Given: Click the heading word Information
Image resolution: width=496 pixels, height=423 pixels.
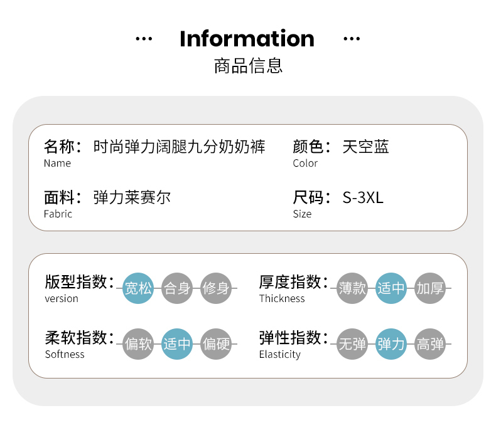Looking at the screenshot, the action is (x=247, y=38).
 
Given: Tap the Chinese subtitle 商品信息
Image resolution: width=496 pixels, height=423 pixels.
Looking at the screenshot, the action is (x=248, y=66).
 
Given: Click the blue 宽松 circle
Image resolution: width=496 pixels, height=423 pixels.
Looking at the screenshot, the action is (x=138, y=288).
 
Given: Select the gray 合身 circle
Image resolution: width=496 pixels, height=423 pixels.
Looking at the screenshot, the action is (x=177, y=288).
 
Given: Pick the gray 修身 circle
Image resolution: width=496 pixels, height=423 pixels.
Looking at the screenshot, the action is (x=216, y=288).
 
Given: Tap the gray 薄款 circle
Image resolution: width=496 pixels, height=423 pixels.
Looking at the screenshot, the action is (x=352, y=288).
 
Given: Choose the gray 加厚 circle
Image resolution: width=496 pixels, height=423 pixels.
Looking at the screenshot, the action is (x=430, y=288).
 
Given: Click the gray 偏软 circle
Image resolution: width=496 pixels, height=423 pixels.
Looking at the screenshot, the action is (x=138, y=344).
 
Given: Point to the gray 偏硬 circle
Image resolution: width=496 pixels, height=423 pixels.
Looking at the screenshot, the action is (x=216, y=344).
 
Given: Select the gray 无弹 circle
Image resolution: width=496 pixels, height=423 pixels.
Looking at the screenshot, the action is (x=352, y=344).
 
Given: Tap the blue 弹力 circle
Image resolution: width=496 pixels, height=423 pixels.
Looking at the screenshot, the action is (x=391, y=344).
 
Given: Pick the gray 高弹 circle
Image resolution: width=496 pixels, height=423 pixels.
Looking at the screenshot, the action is (x=430, y=344).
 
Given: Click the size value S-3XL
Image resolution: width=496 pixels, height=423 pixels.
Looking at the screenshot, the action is (x=363, y=197).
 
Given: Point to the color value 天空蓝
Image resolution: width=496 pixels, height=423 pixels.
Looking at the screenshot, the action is (x=365, y=147).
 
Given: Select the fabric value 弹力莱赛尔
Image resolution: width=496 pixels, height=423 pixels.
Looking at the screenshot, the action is (x=132, y=197).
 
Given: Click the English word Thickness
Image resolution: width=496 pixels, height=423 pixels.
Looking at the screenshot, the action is (x=282, y=298).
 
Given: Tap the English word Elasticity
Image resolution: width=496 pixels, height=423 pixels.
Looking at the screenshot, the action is (x=279, y=355).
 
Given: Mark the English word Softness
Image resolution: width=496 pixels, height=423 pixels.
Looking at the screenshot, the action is (x=65, y=354).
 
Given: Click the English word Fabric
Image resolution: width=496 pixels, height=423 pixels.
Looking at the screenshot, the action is (x=58, y=214).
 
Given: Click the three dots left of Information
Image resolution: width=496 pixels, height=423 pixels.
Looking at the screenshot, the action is (x=144, y=39).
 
